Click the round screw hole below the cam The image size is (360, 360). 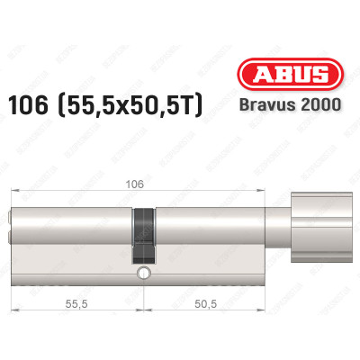coord(142,271)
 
